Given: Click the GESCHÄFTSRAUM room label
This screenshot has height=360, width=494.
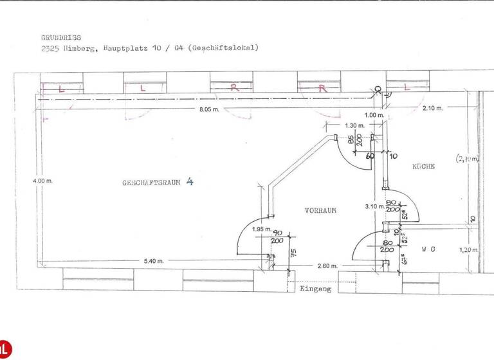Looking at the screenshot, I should point(151,183).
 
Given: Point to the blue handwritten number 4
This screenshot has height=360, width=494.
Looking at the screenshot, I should point(189,181).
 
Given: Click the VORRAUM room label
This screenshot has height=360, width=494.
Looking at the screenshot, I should point(320,210).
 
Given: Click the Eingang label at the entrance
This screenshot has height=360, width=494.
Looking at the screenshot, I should point(315,289).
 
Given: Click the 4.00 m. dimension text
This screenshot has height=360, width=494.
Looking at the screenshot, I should point(43,181).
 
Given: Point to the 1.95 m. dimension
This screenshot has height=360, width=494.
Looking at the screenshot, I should point(261,229).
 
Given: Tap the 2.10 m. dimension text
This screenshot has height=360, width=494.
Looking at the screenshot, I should point(432,108).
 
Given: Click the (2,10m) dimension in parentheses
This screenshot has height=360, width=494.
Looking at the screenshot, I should point(468,157).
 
